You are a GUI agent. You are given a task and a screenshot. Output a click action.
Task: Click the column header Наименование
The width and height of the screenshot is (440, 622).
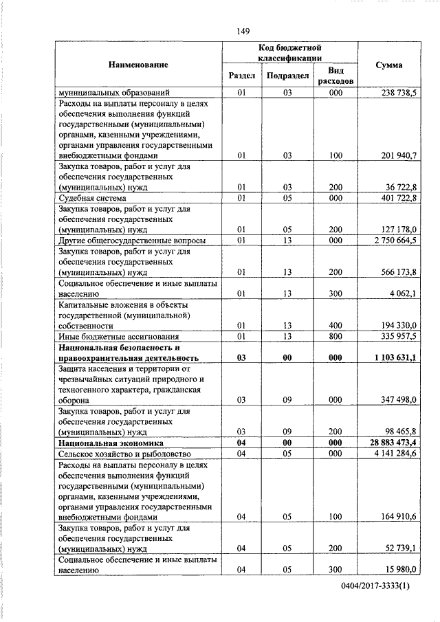pos(137,65)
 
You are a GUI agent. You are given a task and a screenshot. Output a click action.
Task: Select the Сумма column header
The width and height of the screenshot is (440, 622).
pos(389,65)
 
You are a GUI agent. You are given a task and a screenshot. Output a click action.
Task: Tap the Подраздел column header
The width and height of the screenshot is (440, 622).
pos(288,76)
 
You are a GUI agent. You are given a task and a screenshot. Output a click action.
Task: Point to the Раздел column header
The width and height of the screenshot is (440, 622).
pos(241,76)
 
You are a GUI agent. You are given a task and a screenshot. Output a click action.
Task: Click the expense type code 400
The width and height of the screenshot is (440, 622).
pos(335,325)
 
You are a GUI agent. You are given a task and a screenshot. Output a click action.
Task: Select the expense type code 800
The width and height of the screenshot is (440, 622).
pos(335,336)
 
